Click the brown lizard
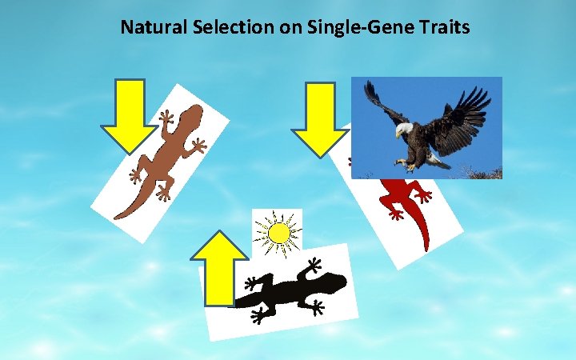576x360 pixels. click(x=160, y=160)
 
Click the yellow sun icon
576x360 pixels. click(x=278, y=233)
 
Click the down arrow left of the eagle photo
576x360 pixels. click(x=320, y=119)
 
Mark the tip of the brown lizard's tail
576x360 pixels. click(x=118, y=216)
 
